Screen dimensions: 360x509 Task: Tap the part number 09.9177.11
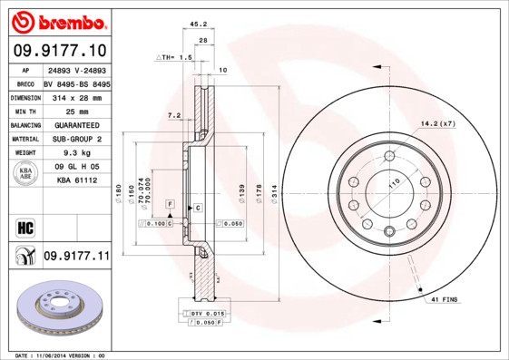tap(76, 257)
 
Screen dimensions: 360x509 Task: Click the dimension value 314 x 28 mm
tap(75, 97)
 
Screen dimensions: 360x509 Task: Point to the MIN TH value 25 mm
tap(75, 111)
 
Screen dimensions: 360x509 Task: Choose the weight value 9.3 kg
tap(75, 153)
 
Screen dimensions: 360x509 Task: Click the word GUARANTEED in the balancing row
tap(75, 125)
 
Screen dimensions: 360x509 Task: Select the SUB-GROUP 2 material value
tap(75, 139)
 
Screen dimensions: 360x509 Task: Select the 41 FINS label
tap(445, 298)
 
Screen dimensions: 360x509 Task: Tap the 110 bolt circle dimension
tap(393, 183)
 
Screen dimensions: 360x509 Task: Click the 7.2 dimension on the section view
tap(176, 115)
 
